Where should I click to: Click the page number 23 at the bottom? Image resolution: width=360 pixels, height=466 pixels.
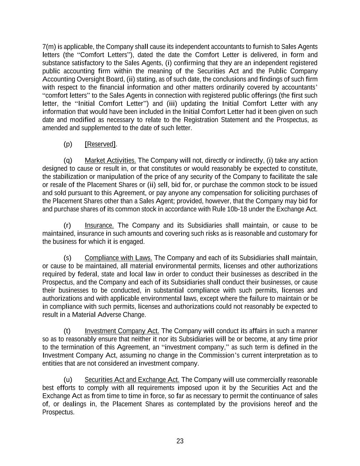(180, 441)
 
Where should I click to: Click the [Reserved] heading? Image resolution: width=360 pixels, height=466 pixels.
(100, 144)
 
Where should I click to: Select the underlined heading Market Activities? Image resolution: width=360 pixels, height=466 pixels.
(110, 160)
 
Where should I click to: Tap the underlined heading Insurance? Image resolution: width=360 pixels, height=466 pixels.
(99, 225)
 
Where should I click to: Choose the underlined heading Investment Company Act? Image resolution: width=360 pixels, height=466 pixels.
(122, 331)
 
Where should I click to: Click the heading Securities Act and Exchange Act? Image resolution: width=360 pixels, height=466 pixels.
(132, 380)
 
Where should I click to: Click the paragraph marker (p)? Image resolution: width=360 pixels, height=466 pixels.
(68, 144)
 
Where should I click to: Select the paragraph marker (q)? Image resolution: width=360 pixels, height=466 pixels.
(68, 160)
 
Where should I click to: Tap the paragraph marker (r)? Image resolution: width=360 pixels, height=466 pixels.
(68, 225)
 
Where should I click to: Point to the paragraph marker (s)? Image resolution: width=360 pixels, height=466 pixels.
(68, 258)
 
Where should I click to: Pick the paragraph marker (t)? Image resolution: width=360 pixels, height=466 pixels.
(67, 331)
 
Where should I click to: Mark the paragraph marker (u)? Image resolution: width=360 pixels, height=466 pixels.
(68, 380)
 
